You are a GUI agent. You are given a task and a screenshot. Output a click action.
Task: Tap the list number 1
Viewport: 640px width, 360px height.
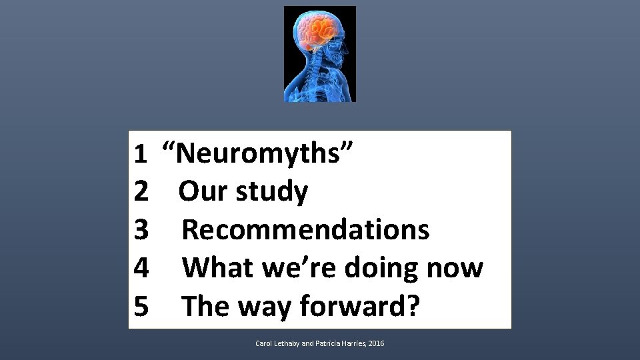(140, 155)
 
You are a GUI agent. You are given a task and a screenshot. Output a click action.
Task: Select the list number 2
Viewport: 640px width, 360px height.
(141, 192)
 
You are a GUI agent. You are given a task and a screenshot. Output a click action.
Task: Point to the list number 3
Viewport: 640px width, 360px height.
(141, 230)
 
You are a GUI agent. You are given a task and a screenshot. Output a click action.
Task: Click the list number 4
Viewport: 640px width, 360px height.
(141, 268)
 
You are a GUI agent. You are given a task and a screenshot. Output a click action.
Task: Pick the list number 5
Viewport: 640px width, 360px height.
(141, 306)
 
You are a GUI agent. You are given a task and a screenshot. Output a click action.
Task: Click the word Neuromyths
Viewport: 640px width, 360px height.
(266, 155)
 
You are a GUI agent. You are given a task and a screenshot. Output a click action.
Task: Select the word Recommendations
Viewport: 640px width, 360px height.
(305, 230)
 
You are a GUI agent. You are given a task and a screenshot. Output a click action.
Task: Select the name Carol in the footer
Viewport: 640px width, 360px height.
(264, 343)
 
